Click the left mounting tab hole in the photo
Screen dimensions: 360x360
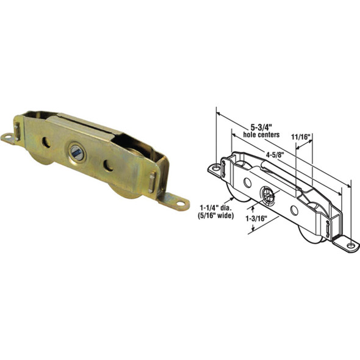9,139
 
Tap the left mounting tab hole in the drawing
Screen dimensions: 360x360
215,167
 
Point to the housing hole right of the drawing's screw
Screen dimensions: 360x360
294,209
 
